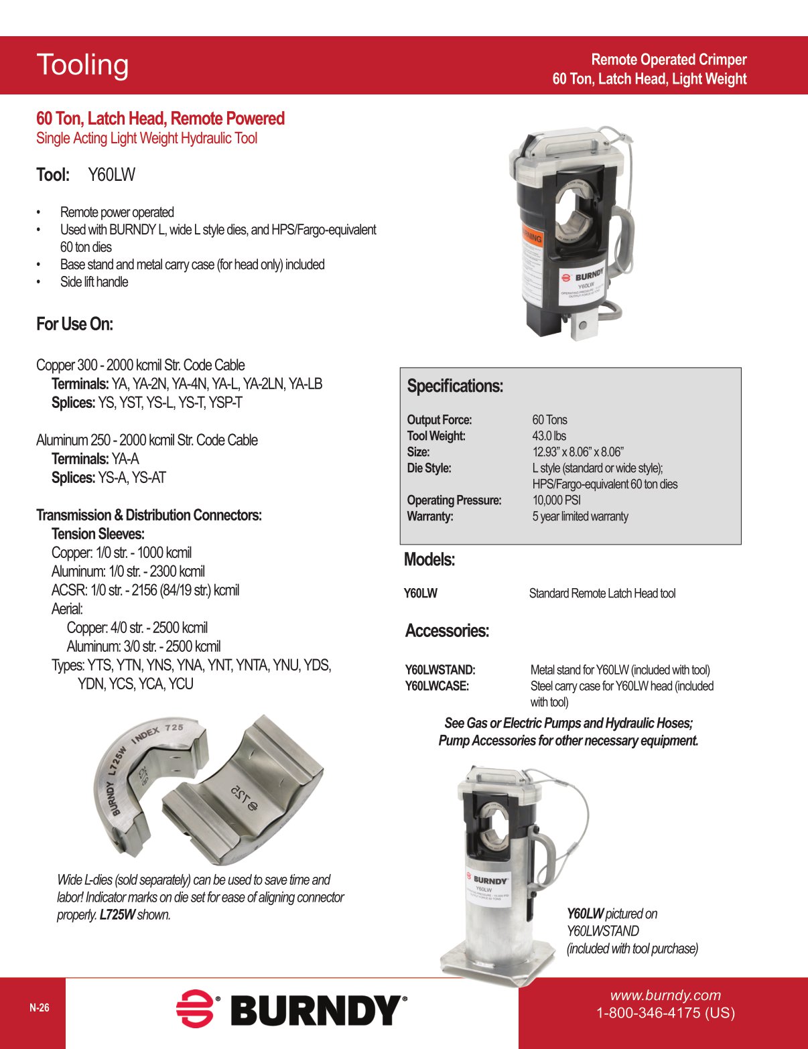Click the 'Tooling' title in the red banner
point(82,65)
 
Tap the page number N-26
point(39,1007)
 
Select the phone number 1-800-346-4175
point(665,1013)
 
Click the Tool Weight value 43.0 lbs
point(549,436)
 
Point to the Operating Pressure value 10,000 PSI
point(556,500)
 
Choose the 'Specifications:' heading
point(455,387)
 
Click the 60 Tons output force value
point(549,420)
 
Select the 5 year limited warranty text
point(580,516)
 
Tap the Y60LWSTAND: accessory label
point(440,670)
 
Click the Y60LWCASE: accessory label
point(437,686)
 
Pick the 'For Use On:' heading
point(74,324)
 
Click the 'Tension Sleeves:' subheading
point(98,534)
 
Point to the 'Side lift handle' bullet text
point(94,282)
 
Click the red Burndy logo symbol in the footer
point(195,1008)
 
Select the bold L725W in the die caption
point(117,915)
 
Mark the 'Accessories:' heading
point(447,631)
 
